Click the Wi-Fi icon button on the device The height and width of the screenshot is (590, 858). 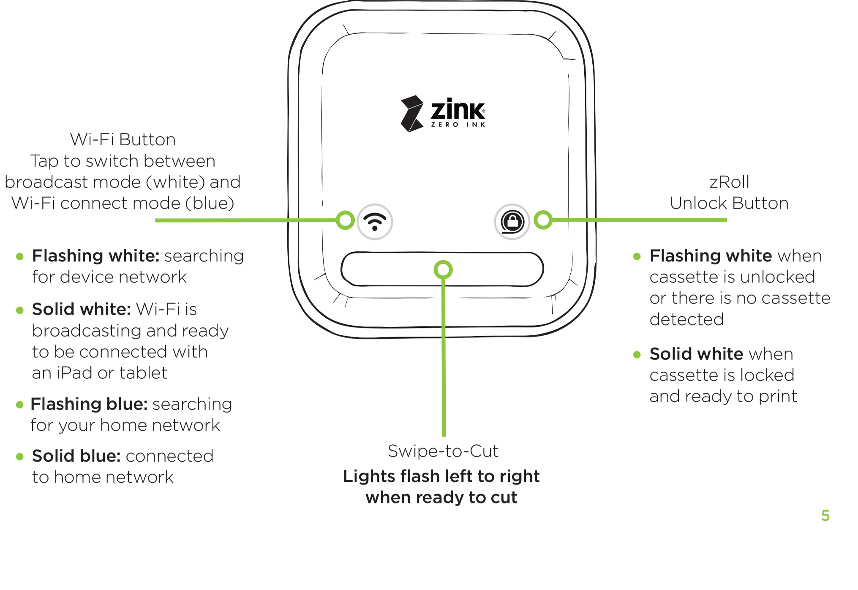375,222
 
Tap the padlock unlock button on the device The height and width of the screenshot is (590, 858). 512,222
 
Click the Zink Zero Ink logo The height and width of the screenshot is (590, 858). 443,113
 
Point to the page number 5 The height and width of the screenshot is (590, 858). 825,516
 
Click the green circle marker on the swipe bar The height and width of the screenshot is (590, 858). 443,269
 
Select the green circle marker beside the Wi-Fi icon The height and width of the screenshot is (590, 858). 346,220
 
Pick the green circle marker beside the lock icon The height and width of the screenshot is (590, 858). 543,220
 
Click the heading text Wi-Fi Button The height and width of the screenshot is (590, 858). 123,140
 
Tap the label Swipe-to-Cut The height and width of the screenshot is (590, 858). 443,451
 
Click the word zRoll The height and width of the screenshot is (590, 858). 729,182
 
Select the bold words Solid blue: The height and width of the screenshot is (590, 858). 76,456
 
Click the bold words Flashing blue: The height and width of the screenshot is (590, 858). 89,404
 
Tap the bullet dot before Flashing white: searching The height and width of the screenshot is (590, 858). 20,256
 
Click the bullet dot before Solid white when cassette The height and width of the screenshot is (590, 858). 637,355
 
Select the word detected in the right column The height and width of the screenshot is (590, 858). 686,319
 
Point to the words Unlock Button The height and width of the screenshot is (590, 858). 729,204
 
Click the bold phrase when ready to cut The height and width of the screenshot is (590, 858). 441,498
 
